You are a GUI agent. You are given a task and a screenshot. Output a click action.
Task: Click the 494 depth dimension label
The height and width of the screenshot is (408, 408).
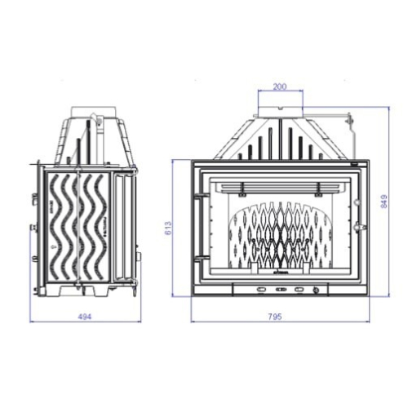click(85, 317)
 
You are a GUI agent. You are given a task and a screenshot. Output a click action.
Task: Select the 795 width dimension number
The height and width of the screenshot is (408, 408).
click(275, 317)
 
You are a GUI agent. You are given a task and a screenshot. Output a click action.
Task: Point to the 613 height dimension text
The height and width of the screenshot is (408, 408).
click(168, 228)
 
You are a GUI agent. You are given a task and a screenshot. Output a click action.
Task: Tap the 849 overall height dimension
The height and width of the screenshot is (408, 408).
click(384, 202)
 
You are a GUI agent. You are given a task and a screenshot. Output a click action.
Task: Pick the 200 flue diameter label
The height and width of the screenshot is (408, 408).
click(280, 86)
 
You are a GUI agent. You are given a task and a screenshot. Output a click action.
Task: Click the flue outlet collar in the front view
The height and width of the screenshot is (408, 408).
click(281, 112)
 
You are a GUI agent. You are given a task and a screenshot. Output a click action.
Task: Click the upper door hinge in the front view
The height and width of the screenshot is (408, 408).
click(202, 195)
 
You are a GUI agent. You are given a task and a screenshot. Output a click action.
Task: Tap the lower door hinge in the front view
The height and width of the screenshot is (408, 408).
click(202, 256)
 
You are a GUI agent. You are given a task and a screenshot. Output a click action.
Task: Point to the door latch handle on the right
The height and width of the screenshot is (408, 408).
click(360, 226)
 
